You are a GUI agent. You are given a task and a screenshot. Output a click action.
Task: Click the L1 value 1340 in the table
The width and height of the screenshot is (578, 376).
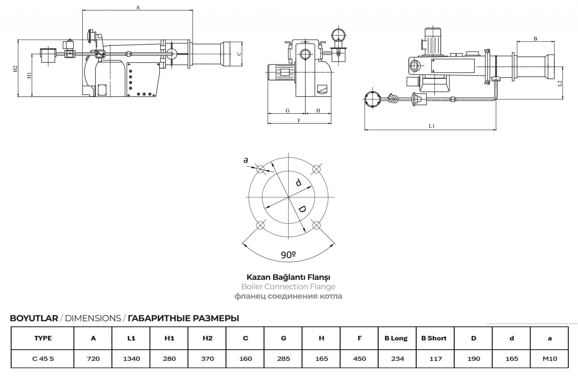click(x=131, y=359)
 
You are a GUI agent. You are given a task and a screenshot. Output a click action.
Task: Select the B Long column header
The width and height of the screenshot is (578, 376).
click(x=396, y=338)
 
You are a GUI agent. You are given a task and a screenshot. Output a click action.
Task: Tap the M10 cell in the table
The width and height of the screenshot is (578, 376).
click(x=549, y=359)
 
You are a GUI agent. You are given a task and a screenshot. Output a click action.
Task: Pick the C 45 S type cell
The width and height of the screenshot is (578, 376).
click(x=43, y=359)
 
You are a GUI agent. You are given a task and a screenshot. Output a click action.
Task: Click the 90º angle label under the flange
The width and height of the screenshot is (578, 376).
click(x=288, y=255)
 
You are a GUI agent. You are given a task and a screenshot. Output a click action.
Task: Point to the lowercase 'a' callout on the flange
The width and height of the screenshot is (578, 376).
click(x=246, y=160)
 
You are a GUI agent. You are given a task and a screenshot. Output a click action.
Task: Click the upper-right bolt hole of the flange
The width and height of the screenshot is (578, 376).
click(x=316, y=169)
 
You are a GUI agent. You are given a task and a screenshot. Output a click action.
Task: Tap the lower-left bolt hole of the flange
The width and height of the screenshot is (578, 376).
click(x=260, y=225)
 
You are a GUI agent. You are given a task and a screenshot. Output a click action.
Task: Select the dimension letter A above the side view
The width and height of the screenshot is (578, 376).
click(x=138, y=8)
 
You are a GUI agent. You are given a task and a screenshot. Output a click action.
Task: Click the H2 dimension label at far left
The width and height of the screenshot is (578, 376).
click(x=15, y=69)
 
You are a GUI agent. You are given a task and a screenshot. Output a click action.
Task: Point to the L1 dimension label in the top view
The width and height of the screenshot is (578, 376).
click(x=432, y=126)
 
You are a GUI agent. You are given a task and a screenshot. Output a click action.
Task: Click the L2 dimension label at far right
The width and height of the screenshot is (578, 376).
click(x=560, y=83)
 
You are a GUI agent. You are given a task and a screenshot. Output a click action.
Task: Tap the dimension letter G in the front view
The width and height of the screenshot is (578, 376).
click(x=287, y=110)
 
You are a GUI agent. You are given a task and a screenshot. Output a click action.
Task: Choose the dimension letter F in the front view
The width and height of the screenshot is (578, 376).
click(x=299, y=120)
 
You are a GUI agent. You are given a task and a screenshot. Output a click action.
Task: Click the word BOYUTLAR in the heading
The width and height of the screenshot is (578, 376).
click(x=34, y=318)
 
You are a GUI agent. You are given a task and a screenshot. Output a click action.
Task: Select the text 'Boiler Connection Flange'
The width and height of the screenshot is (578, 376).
click(x=288, y=287)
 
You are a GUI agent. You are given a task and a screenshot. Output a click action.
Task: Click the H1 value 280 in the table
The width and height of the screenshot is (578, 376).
click(x=169, y=359)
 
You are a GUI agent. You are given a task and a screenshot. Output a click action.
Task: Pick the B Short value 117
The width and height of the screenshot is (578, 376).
click(x=436, y=359)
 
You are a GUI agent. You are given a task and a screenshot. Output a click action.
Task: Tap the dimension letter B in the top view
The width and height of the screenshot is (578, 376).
click(x=535, y=39)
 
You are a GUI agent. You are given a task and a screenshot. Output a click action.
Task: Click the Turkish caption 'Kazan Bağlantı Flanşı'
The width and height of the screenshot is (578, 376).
click(x=288, y=277)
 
